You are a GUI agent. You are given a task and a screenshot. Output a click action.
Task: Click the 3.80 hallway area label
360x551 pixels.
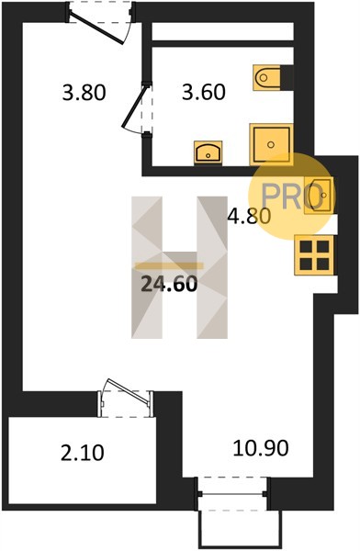[x=84, y=93]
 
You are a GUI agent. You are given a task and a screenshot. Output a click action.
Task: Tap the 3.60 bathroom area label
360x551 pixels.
[x=204, y=93]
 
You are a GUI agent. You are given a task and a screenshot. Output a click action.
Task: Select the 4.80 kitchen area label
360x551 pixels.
[x=249, y=216]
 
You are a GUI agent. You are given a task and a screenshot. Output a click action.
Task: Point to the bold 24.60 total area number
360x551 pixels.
[x=169, y=284]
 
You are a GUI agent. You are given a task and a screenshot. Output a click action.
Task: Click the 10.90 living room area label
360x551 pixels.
[x=261, y=448]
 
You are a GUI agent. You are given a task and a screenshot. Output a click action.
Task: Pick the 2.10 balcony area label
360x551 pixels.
[x=83, y=453]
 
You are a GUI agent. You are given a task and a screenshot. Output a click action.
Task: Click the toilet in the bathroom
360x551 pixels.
[x=267, y=77]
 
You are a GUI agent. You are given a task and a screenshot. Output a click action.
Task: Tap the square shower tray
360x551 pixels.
[x=271, y=144]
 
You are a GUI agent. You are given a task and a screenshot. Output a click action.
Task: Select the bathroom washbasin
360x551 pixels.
[x=208, y=152]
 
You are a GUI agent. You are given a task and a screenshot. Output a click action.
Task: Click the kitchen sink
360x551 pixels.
[x=319, y=195]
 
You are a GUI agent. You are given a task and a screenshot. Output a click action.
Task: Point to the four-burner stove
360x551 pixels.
[x=314, y=254]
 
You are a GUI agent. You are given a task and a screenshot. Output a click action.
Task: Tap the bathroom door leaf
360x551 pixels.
[x=133, y=107]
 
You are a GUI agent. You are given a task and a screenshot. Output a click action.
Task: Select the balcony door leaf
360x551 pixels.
[x=128, y=390]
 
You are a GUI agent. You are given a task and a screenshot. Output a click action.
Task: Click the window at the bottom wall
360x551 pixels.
[x=232, y=494]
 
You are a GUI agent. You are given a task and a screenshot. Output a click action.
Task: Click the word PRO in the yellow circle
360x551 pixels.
[x=292, y=197]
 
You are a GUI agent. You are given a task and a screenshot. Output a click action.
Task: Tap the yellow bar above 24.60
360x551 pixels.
[x=170, y=266]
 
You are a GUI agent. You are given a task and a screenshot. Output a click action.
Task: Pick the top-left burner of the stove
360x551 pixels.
[x=306, y=247]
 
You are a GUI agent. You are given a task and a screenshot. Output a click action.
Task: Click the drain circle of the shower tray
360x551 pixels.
[x=271, y=144]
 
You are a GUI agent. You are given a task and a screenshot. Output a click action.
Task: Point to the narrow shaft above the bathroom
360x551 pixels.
[x=222, y=31]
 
